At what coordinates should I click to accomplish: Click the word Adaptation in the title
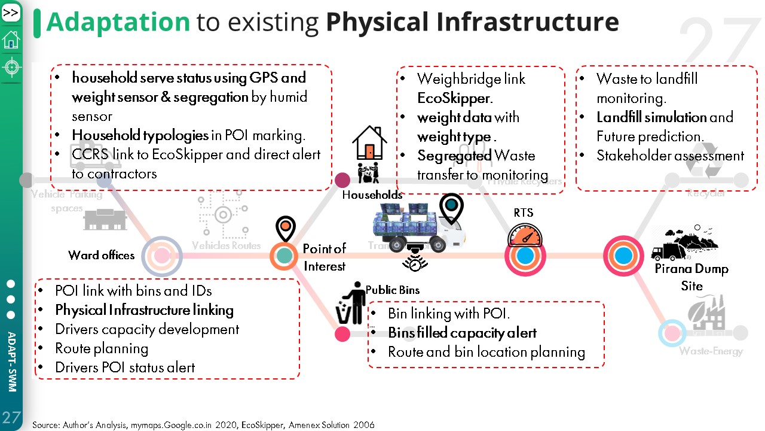118,22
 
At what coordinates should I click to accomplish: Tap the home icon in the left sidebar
11,40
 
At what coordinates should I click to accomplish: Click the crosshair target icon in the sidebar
11,67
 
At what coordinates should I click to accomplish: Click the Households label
372,195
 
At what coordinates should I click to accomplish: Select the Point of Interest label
324,257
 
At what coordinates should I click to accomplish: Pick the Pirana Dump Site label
691,277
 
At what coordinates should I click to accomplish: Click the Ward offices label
101,255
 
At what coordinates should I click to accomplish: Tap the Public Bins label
392,290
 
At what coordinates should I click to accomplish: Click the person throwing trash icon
352,303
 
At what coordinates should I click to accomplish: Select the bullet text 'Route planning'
102,348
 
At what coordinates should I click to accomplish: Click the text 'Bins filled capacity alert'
462,333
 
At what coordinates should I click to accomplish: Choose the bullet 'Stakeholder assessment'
670,156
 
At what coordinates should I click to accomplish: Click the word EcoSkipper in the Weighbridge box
454,98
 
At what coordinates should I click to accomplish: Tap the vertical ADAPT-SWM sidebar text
11,362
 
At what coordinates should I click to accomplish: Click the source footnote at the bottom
203,425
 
